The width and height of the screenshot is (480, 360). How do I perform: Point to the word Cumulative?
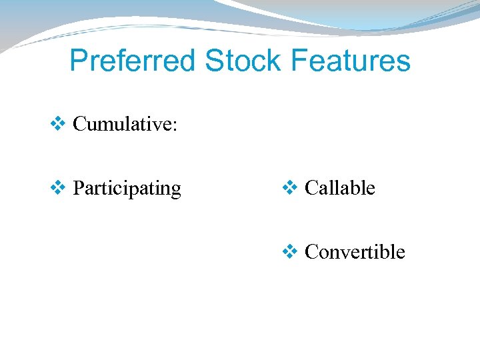[123, 124]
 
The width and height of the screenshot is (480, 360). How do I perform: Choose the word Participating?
[127, 189]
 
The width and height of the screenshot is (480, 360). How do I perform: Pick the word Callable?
[339, 189]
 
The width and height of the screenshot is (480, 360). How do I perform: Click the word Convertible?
[355, 252]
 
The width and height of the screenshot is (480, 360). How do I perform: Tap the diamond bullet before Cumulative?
[58, 123]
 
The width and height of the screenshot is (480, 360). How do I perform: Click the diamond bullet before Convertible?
[290, 251]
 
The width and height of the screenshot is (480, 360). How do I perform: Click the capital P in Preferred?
[79, 61]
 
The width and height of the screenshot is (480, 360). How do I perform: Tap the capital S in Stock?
[214, 61]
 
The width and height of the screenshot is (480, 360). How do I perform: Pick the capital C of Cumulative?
[79, 124]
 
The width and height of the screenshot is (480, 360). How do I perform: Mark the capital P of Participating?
[79, 188]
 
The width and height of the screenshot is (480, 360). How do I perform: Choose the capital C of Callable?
[311, 188]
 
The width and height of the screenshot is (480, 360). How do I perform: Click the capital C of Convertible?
[311, 252]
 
